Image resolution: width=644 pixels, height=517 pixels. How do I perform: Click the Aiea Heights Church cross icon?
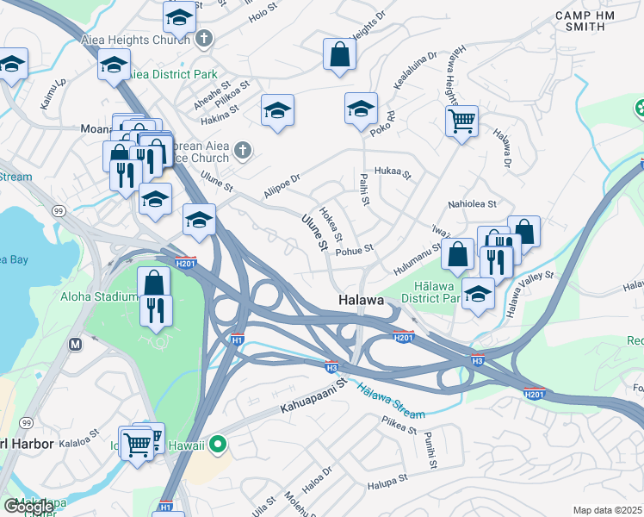[x=204, y=38]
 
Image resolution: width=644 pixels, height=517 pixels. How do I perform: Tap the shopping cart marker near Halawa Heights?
[x=462, y=121]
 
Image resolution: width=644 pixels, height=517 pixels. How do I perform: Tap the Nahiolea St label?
[x=472, y=204]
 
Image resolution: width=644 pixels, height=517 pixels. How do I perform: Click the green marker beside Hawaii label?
[x=219, y=445]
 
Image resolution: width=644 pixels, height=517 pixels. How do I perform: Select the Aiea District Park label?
[x=172, y=75]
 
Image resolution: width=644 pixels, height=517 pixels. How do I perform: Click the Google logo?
[x=28, y=507]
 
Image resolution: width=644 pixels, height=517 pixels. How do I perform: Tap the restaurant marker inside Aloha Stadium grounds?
[x=156, y=311]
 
